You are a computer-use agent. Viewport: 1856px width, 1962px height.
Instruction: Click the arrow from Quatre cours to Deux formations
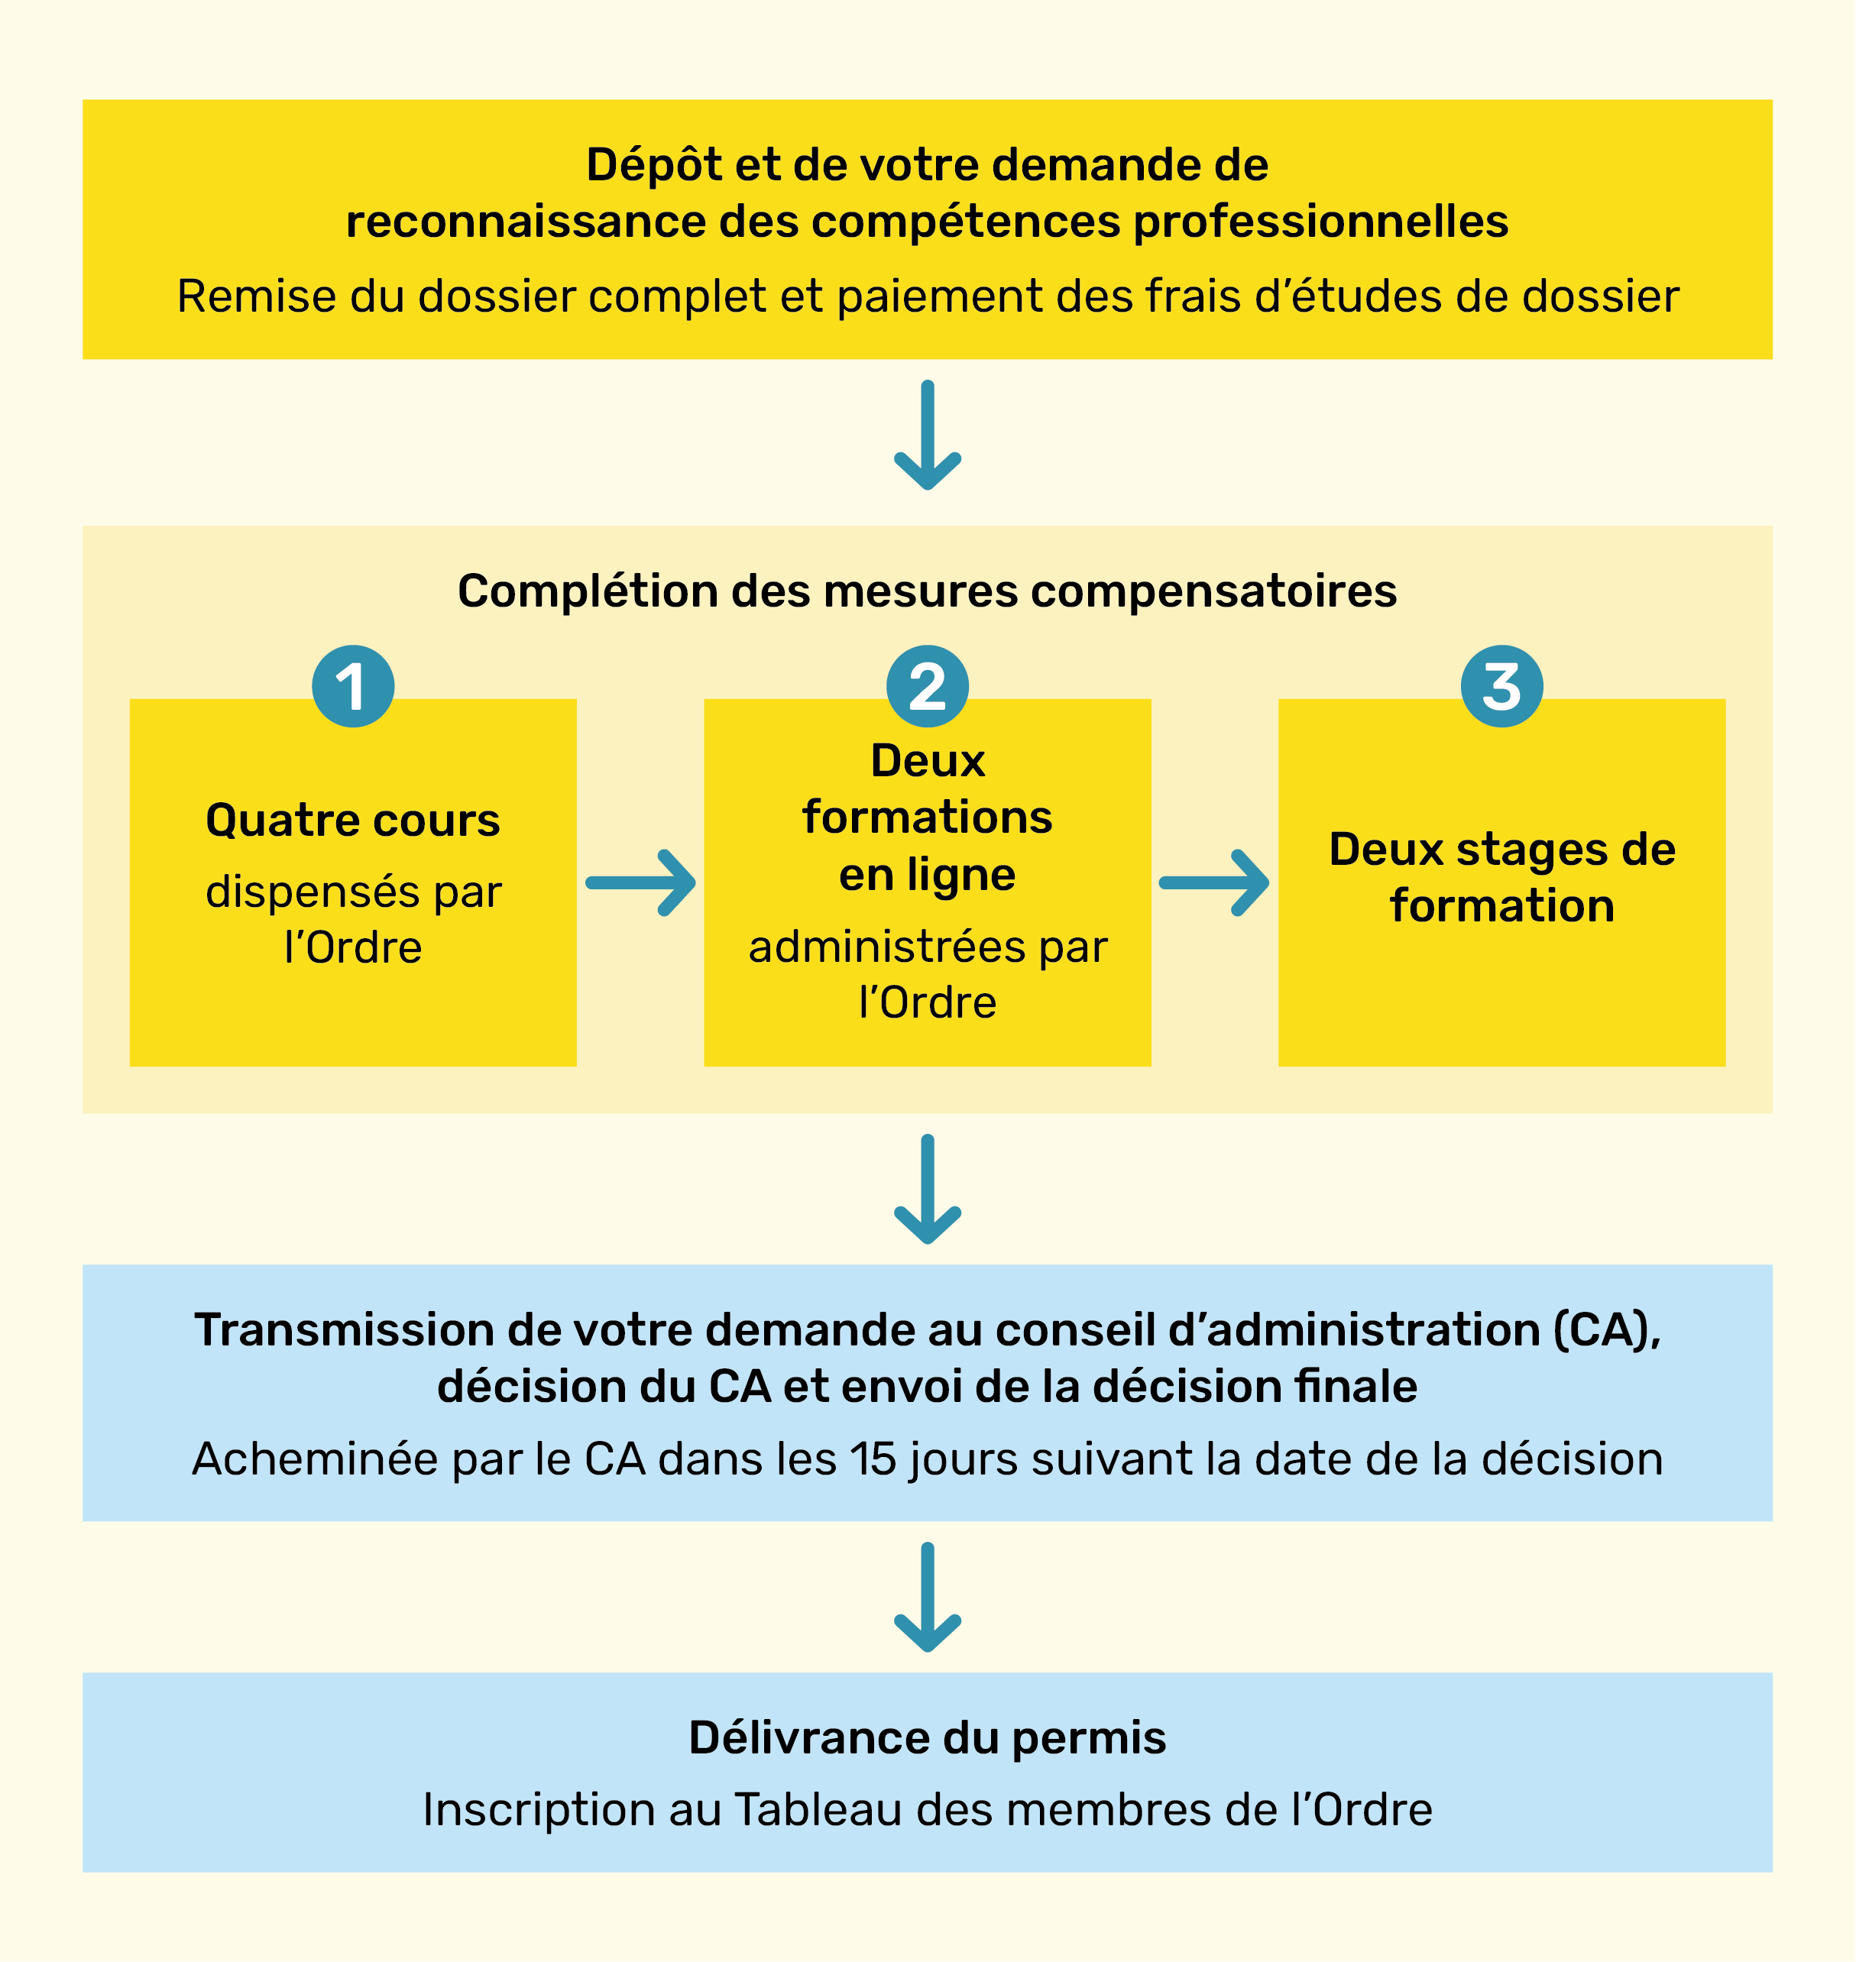pyautogui.click(x=640, y=882)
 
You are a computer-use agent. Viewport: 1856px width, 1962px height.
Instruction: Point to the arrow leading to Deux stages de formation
pyautogui.click(x=1214, y=882)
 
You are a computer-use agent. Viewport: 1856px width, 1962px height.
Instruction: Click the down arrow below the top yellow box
pyautogui.click(x=927, y=435)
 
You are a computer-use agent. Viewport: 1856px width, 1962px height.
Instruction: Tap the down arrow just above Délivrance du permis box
pyautogui.click(x=927, y=1597)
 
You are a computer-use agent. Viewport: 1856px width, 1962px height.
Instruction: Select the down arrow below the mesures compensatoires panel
pyautogui.click(x=927, y=1190)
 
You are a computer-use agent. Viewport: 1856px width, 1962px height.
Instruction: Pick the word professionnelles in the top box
pyautogui.click(x=1321, y=222)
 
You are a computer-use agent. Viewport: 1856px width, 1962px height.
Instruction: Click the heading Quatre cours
pyautogui.click(x=353, y=821)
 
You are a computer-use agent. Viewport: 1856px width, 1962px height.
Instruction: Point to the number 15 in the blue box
pyautogui.click(x=873, y=1459)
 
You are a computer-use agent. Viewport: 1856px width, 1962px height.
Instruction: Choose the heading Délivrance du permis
pyautogui.click(x=927, y=1737)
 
